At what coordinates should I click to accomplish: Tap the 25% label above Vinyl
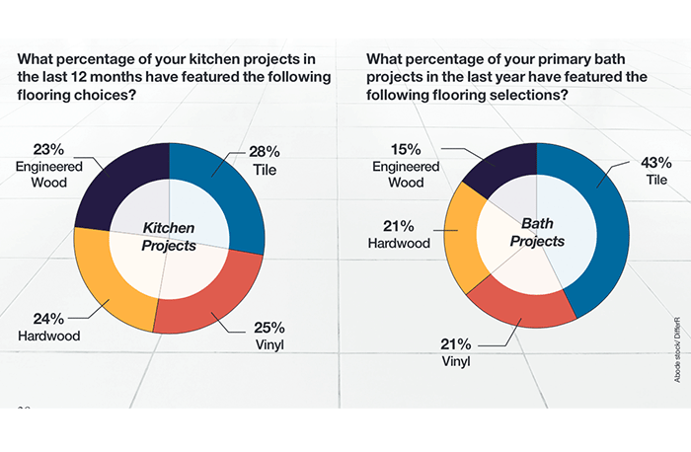(x=268, y=327)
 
